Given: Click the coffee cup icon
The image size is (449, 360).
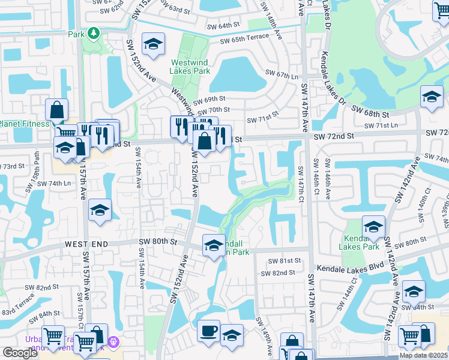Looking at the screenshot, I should click(209, 331).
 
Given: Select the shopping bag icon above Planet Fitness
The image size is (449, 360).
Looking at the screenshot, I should click(57, 110).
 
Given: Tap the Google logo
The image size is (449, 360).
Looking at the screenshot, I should click(20, 353).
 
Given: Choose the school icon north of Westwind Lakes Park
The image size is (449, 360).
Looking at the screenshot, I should click(154, 44).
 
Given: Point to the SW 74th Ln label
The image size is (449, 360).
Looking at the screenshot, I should click(54, 183).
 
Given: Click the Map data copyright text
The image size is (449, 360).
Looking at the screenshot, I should click(424, 355).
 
